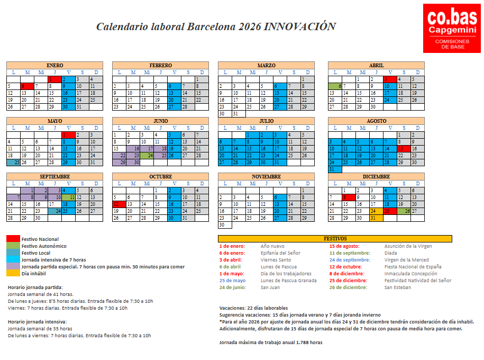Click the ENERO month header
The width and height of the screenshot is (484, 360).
click(54, 65)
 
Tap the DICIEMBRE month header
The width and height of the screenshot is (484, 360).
click(376, 176)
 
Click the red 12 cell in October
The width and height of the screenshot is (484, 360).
click(119, 204)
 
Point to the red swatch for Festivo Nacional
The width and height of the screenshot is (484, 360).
click(13, 239)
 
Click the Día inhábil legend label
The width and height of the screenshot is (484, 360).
click(33, 274)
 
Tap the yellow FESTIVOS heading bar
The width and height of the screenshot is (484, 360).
click(335, 239)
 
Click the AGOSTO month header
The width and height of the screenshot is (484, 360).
click(376, 121)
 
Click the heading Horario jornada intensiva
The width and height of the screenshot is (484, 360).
click(37, 321)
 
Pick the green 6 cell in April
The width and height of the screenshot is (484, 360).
click(335, 86)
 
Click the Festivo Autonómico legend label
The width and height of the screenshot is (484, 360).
click(44, 246)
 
